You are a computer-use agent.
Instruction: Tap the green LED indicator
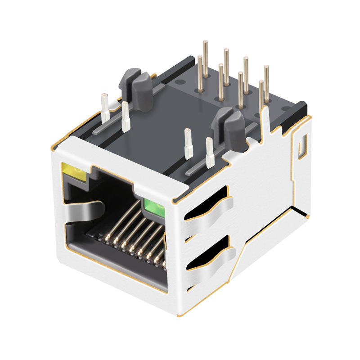click(x=153, y=206)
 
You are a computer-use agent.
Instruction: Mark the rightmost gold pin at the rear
click(x=266, y=83)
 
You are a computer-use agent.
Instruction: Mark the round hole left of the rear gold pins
click(x=180, y=83)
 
